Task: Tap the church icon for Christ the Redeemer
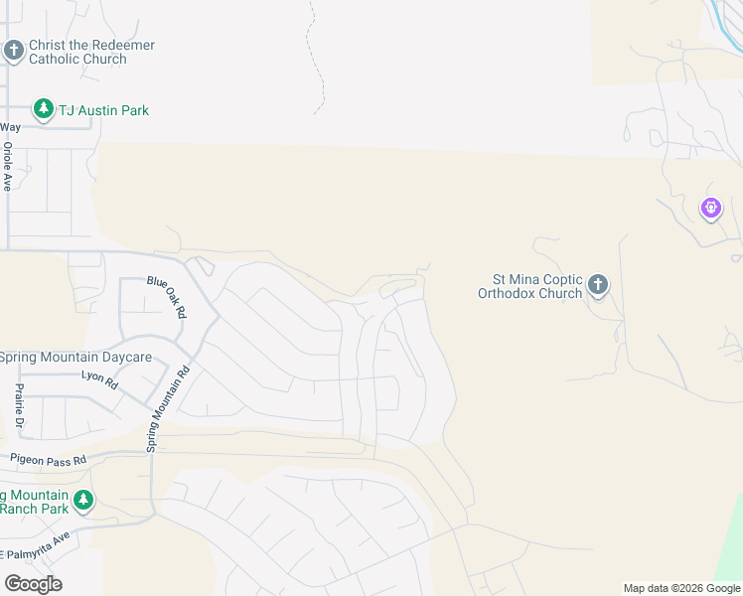tap(14, 50)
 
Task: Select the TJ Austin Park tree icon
tap(43, 109)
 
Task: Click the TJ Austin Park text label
tap(103, 110)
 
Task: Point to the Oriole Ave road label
tap(8, 167)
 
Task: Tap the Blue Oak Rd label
tap(166, 296)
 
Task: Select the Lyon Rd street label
tap(99, 377)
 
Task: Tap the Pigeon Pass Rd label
tap(49, 460)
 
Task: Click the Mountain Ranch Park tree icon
tap(84, 500)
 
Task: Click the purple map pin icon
tap(710, 209)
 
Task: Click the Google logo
tap(33, 583)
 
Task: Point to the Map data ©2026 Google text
tap(681, 588)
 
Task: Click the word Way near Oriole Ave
tap(10, 127)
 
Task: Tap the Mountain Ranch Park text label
tap(35, 502)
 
